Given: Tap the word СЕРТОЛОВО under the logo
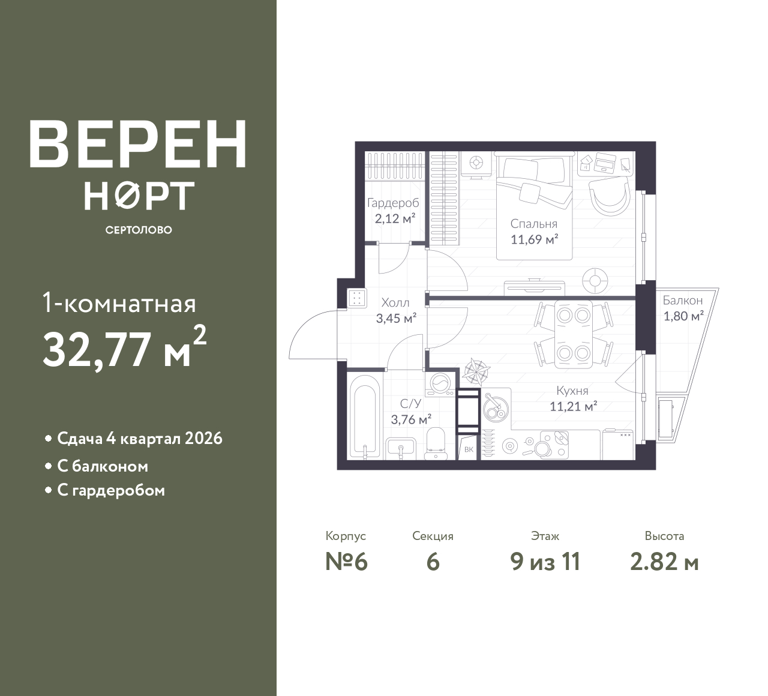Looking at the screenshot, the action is (139, 230).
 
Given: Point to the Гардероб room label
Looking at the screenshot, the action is (393, 203).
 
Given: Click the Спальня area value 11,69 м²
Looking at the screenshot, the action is (534, 239).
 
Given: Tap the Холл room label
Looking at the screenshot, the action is (395, 303).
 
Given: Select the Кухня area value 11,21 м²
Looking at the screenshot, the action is (574, 406).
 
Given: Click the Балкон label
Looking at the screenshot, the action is (683, 301).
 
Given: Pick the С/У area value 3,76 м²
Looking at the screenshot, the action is (411, 419).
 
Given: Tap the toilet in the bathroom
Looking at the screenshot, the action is (436, 443).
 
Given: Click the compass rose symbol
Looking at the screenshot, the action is (476, 370).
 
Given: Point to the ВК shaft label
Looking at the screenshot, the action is (469, 449).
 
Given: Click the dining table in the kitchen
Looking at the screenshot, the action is (574, 334).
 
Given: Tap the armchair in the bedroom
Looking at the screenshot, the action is (609, 196).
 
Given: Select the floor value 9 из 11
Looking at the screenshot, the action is (545, 562).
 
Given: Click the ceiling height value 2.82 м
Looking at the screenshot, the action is (664, 562).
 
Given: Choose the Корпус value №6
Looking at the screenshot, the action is (346, 562).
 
